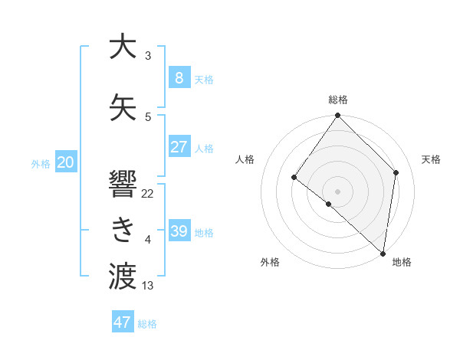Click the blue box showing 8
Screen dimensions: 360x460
[x=179, y=77]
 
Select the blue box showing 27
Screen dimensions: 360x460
[x=179, y=147]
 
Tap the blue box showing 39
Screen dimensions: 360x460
[x=179, y=231]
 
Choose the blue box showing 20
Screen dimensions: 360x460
[x=66, y=162]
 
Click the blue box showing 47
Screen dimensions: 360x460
[x=123, y=322]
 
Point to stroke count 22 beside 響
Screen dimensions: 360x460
[x=148, y=194]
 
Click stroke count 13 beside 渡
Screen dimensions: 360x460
[x=148, y=286]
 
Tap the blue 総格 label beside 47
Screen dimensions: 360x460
[x=147, y=324]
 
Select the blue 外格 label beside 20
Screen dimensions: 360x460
[x=41, y=163]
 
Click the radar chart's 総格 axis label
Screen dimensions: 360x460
[x=338, y=100]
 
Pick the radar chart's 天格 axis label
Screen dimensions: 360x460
[x=431, y=159]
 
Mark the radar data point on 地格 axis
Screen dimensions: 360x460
[x=383, y=253]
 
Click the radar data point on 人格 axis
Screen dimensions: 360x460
[x=294, y=178]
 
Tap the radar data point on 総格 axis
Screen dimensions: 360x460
[x=337, y=116]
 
